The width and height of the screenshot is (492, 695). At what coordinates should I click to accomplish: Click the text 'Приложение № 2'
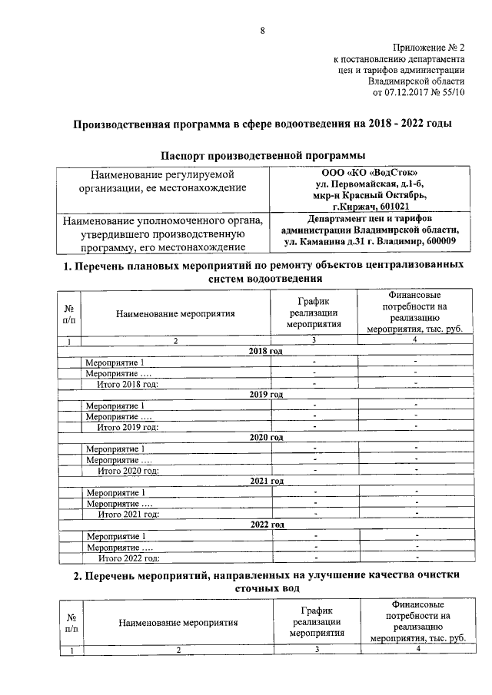[429, 48]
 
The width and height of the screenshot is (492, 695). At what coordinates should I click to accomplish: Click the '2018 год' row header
[266, 351]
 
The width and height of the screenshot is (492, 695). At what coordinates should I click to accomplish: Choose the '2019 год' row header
[266, 394]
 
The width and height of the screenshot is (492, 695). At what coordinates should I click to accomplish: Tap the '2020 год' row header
[266, 438]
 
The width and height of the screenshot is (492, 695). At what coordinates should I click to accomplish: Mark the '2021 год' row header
[266, 482]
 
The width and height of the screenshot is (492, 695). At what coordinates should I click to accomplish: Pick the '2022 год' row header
[266, 525]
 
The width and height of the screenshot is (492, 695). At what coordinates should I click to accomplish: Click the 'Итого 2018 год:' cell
[128, 384]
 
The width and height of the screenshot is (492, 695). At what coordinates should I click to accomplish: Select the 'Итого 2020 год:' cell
[128, 471]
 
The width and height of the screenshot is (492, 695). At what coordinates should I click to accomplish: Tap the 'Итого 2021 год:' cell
[128, 515]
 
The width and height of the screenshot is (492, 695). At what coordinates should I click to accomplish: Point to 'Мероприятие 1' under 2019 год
[115, 405]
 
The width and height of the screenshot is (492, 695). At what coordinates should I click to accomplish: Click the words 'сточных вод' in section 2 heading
[261, 588]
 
